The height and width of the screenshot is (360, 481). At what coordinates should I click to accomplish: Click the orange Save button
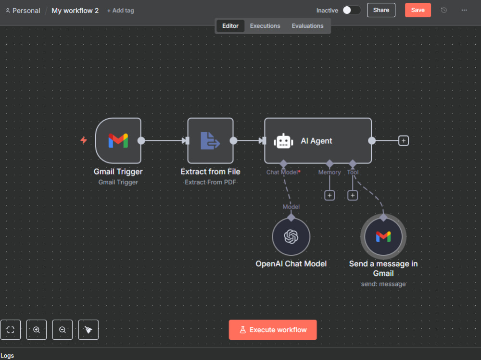tap(418, 10)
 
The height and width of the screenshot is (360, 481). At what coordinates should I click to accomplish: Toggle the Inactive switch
tap(351, 10)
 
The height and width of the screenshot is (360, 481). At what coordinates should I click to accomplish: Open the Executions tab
tap(265, 26)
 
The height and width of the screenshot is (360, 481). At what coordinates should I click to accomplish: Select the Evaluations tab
tap(307, 26)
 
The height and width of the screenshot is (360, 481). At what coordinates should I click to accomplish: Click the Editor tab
tap(230, 26)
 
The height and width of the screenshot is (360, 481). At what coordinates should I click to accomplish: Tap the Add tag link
tap(121, 11)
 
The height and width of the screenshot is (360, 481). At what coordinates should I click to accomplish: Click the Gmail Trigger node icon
tap(118, 141)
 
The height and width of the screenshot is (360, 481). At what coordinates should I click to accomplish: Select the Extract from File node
tap(211, 141)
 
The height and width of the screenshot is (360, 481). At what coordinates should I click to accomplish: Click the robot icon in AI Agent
tap(283, 141)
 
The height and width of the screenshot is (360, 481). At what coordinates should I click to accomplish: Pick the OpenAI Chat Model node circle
tap(291, 236)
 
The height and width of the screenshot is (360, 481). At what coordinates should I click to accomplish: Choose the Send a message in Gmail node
tap(383, 236)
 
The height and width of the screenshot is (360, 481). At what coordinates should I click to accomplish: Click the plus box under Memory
tap(329, 195)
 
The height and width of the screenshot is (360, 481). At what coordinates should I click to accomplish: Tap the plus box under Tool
tap(353, 195)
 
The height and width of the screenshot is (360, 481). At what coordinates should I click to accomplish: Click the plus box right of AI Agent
tap(404, 141)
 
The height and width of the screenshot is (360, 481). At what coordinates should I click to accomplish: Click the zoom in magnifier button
tap(37, 330)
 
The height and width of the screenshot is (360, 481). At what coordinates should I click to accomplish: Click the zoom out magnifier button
tap(63, 330)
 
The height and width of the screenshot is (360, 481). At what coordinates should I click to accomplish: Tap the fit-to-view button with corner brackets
tap(11, 330)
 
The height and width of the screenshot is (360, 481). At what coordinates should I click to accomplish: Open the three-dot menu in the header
tap(464, 10)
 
